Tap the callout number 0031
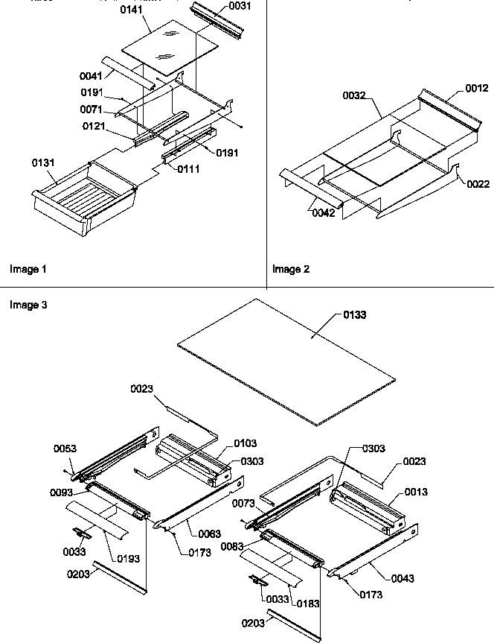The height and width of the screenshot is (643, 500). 240,5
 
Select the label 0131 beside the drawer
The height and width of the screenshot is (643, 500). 42,162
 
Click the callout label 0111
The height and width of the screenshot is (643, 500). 188,169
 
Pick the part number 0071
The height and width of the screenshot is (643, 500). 92,110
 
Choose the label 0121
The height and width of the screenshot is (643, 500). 94,126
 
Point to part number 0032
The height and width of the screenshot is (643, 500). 354,96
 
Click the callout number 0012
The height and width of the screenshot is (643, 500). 458,87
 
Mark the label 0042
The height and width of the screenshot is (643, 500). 323,212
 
